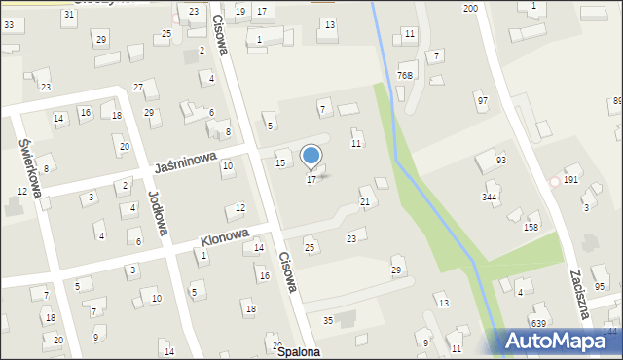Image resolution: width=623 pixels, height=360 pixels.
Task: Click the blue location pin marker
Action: (x=311, y=156)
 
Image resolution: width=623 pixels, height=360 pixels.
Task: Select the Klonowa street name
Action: (x=225, y=238)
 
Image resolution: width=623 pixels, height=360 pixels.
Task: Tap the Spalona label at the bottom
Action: (x=298, y=352)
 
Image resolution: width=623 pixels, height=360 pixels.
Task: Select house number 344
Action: (x=490, y=197)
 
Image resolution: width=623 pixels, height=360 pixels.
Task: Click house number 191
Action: (x=571, y=180)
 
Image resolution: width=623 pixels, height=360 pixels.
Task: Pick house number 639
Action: (x=538, y=323)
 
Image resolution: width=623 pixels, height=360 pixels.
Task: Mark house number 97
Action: (x=482, y=101)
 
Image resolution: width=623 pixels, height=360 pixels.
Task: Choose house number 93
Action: (x=501, y=160)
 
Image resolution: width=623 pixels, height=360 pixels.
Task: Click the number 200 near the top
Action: (x=470, y=8)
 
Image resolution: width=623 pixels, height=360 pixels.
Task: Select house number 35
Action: (x=328, y=320)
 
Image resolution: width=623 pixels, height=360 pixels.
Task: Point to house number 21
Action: (x=365, y=201)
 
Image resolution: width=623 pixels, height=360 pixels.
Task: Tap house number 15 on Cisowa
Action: (x=280, y=162)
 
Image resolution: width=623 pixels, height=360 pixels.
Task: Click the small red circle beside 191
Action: (x=555, y=181)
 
